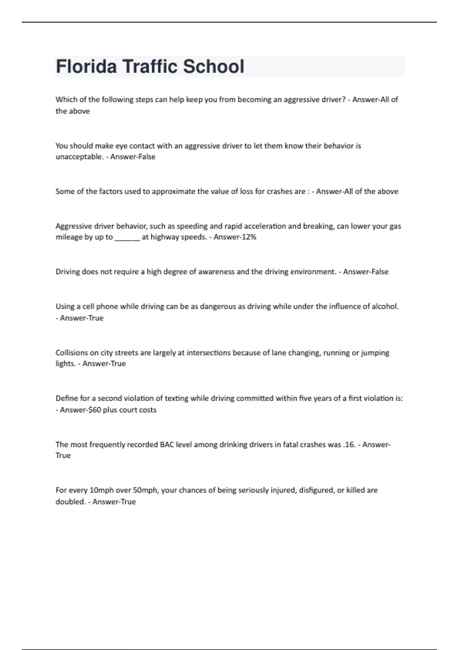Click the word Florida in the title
click(x=86, y=67)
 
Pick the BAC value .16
click(x=349, y=445)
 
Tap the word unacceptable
click(x=79, y=157)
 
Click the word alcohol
click(x=385, y=306)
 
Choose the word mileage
click(x=69, y=237)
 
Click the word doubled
click(x=70, y=502)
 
